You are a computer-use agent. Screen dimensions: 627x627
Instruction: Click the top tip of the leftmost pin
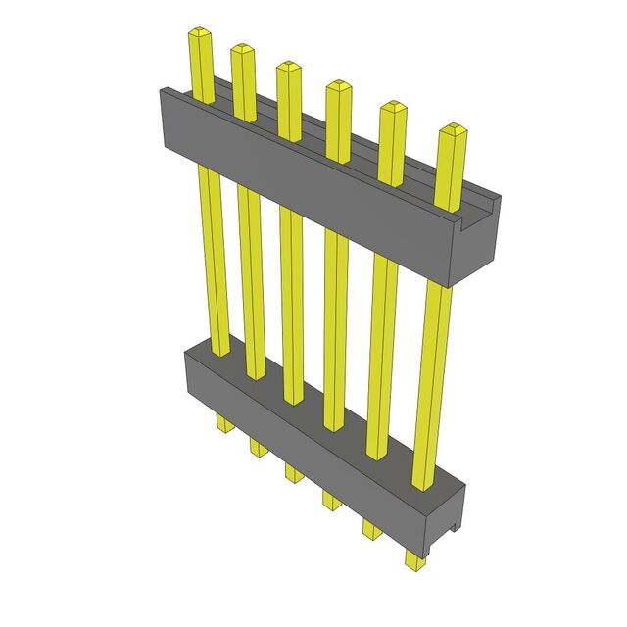pyautogui.click(x=200, y=35)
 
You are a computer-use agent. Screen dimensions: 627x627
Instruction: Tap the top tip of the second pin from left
pyautogui.click(x=243, y=49)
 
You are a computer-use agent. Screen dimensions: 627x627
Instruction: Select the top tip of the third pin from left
pyautogui.click(x=289, y=68)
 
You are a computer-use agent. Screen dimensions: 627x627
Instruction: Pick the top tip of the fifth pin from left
pyautogui.click(x=392, y=107)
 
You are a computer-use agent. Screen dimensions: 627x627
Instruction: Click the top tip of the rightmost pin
pyautogui.click(x=452, y=129)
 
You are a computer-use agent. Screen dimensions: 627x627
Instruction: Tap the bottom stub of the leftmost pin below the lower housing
pyautogui.click(x=222, y=423)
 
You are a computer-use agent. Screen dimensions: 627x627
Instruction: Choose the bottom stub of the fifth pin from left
pyautogui.click(x=371, y=530)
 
